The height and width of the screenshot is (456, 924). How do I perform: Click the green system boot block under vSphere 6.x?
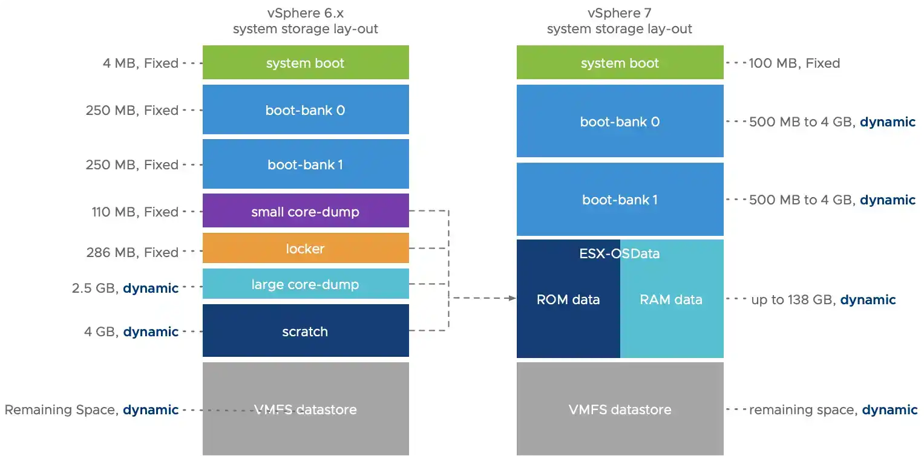click(x=306, y=63)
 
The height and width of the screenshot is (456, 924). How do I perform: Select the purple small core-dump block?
click(x=306, y=212)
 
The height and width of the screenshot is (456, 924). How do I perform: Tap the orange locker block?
click(x=306, y=249)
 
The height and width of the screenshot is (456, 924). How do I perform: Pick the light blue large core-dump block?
click(x=306, y=284)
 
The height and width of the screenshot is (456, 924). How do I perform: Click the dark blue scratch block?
click(x=306, y=331)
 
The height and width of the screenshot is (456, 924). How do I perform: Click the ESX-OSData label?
click(x=620, y=253)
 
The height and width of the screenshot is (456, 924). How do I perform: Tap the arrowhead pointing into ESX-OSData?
click(x=512, y=298)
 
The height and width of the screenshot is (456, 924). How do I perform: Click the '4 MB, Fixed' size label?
click(x=140, y=63)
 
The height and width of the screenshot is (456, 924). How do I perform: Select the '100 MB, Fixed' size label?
click(x=794, y=63)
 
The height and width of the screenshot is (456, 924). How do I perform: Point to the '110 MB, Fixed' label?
click(x=133, y=212)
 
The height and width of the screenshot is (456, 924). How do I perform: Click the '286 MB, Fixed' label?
click(x=133, y=252)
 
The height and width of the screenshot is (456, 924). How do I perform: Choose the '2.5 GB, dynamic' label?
click(x=125, y=288)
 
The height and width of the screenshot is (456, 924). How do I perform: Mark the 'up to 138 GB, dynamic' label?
click(x=823, y=299)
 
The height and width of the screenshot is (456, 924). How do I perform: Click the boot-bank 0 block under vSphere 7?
click(x=620, y=122)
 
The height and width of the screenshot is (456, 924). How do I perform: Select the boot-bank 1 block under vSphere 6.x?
click(x=306, y=164)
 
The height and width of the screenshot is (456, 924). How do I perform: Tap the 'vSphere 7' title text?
click(x=620, y=13)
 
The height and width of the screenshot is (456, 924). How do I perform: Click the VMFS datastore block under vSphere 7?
click(x=620, y=409)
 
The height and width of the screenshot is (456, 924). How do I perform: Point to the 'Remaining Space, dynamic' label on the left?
click(x=91, y=409)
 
